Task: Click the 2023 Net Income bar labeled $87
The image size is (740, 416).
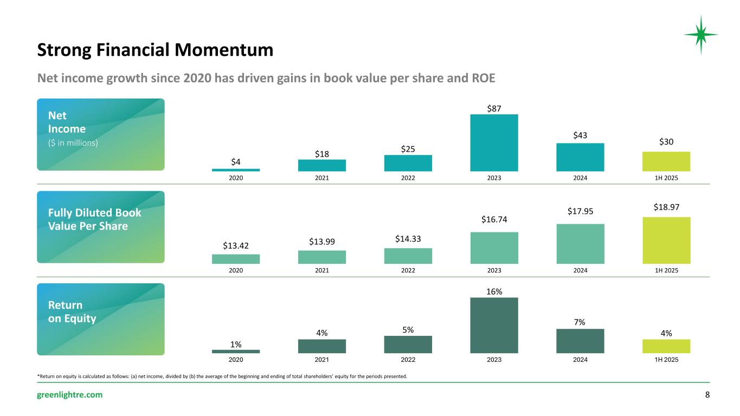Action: [494, 142]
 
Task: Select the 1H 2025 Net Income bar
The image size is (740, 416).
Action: [666, 161]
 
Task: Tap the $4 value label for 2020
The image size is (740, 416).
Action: [235, 161]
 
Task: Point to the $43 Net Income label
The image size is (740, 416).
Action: [580, 135]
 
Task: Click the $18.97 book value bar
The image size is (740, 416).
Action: [666, 240]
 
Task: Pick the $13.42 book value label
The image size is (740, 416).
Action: [235, 246]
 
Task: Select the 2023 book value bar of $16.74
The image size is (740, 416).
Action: [494, 248]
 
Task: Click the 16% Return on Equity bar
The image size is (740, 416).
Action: [494, 325]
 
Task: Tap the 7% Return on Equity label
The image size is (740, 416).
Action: [580, 322]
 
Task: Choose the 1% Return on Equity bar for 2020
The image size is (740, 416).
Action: [235, 351]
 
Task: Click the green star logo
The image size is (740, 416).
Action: [700, 35]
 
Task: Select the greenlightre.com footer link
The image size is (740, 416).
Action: [69, 395]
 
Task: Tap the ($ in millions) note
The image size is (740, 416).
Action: [73, 143]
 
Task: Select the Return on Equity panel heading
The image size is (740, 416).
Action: [72, 312]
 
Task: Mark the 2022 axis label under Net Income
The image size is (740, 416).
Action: [408, 178]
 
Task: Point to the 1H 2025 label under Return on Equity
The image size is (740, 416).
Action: [666, 359]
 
